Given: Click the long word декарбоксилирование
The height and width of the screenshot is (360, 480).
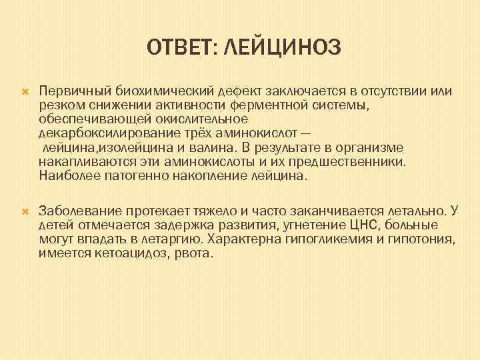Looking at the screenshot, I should pos(101,133).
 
